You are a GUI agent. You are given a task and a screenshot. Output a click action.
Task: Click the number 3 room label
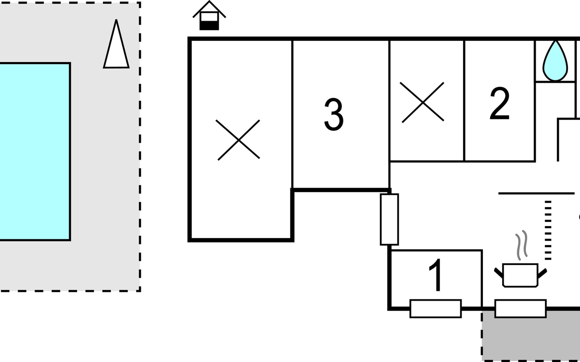(334, 114)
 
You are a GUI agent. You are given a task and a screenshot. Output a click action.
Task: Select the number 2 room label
(500, 103)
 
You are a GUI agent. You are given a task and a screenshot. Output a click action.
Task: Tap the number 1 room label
(436, 275)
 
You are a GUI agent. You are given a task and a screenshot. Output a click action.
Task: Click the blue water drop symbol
(555, 61)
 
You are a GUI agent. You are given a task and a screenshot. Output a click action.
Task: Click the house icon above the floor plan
(209, 15)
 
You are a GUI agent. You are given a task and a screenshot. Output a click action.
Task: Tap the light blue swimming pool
(35, 152)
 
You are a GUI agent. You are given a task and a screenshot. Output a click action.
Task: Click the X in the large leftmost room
(238, 140)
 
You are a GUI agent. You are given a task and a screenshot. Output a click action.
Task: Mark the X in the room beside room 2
(423, 102)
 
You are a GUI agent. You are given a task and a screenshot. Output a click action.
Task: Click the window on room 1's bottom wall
(436, 309)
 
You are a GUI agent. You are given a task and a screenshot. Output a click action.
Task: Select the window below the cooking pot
(520, 309)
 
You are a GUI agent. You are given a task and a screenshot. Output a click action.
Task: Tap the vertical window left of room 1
(389, 219)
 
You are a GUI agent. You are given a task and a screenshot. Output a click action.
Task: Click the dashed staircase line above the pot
(548, 230)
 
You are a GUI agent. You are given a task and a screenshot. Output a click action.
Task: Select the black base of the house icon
(209, 26)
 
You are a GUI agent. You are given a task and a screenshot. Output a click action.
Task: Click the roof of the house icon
(209, 9)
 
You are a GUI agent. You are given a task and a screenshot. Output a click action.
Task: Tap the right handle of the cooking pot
(542, 273)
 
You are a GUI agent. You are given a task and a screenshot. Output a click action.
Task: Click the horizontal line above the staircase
(536, 193)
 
